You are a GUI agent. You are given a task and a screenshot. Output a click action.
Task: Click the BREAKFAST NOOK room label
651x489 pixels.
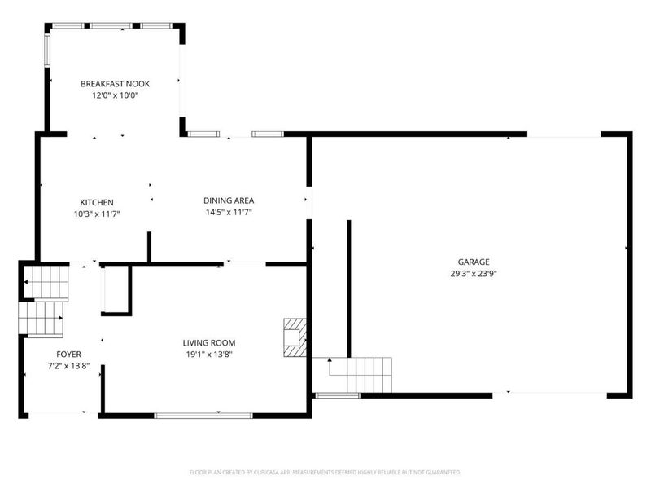[x=115, y=84]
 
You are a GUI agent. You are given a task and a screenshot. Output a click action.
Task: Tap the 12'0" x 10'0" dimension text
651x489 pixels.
[x=115, y=95]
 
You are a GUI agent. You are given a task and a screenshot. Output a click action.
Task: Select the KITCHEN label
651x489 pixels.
[x=97, y=202]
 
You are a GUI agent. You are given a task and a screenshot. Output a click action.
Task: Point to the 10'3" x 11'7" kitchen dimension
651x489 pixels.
[x=97, y=214]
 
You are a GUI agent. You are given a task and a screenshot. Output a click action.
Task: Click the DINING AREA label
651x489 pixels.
[x=229, y=200]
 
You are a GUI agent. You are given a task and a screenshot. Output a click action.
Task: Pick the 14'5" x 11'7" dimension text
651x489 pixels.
[x=229, y=212]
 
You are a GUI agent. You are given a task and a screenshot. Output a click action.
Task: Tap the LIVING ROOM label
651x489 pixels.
[x=209, y=342]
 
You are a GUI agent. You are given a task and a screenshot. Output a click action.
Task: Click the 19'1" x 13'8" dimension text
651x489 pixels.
[x=209, y=355]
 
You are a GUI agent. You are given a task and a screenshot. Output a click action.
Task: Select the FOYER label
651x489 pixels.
[x=69, y=355]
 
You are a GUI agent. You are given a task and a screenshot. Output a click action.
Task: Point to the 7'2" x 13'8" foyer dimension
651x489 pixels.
[x=69, y=366]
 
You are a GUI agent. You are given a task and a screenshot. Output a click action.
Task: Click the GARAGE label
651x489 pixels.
[x=474, y=262]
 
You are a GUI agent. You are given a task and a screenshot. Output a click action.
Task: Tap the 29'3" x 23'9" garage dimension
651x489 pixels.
[x=474, y=274]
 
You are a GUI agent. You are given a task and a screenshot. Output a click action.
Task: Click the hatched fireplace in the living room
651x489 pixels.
[x=295, y=337]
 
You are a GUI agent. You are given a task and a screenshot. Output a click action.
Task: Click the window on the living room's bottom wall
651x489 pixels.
[x=203, y=415]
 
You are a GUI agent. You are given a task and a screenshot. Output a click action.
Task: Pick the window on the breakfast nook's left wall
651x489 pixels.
[x=47, y=50]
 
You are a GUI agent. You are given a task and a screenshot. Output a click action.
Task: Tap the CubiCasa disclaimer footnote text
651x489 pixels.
[x=325, y=473]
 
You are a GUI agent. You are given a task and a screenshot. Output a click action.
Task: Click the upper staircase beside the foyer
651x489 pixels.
[x=46, y=282]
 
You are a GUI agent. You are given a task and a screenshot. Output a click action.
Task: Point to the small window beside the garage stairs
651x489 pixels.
[x=338, y=395]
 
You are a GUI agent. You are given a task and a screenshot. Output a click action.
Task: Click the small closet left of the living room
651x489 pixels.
[x=116, y=289]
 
